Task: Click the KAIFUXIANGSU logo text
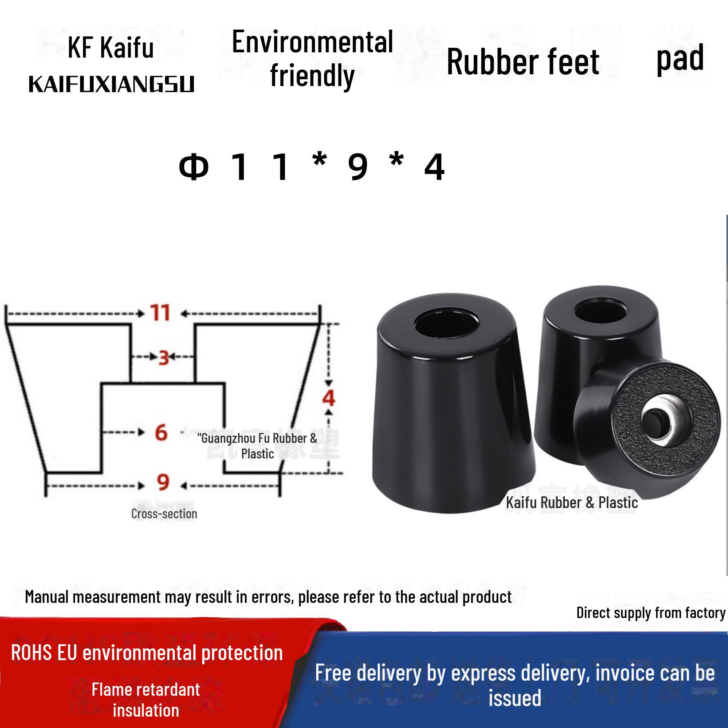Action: pos(111,84)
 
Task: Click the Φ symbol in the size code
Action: pos(194,167)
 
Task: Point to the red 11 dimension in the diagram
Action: pos(160,313)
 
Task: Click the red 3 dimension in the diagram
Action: pos(163,358)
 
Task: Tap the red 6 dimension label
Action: pos(161,432)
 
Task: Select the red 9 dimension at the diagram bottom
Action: pos(163,482)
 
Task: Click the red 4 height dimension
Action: pos(328,398)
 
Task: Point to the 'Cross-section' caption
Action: pos(164,514)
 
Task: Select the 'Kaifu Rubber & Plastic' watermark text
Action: pos(572,503)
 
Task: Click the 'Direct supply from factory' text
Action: pos(651,613)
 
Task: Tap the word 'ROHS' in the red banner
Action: pos(31,653)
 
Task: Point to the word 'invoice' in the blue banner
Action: pos(624,673)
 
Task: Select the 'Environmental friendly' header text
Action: pos(312,59)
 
